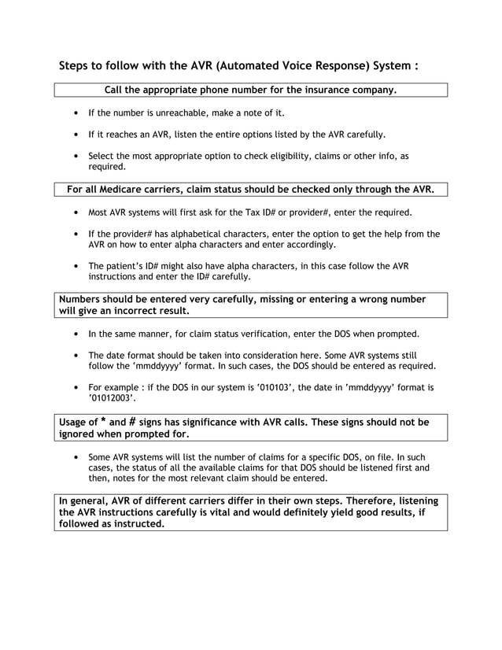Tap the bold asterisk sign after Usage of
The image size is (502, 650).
(102, 421)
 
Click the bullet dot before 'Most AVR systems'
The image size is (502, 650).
(75, 212)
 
